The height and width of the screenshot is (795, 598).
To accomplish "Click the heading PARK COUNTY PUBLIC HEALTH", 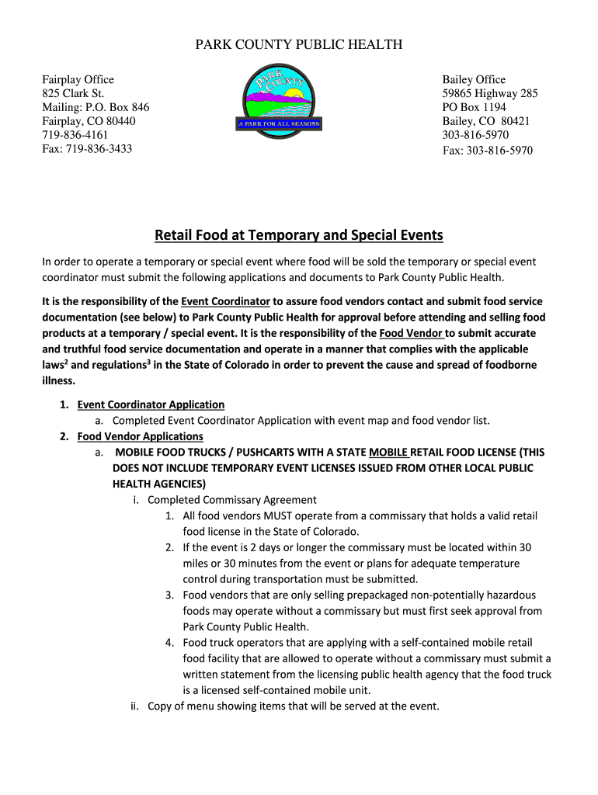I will click(x=298, y=45).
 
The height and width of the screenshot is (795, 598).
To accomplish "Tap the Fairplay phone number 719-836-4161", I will click(x=75, y=135).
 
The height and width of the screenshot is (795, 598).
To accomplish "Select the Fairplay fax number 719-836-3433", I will click(x=87, y=149).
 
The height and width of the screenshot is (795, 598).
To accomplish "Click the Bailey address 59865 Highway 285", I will click(x=489, y=93).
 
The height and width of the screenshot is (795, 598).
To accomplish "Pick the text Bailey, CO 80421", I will click(x=486, y=121).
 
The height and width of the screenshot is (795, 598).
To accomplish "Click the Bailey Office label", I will click(x=474, y=79).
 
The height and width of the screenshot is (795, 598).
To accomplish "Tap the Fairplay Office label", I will click(x=78, y=79).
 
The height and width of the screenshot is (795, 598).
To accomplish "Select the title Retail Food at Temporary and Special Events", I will click(x=298, y=235).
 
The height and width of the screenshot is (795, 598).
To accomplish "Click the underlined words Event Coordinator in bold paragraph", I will click(x=225, y=301).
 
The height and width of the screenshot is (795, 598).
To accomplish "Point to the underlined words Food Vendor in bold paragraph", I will click(x=412, y=333).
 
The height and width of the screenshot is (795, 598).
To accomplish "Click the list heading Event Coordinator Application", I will click(x=151, y=404).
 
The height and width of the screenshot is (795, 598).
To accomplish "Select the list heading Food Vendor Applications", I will click(x=140, y=436).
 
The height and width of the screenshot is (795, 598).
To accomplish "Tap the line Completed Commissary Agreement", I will click(x=231, y=500).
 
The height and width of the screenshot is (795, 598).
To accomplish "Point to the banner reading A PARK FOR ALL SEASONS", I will click(x=278, y=124).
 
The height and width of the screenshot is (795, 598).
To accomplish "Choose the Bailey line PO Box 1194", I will click(x=474, y=107).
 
